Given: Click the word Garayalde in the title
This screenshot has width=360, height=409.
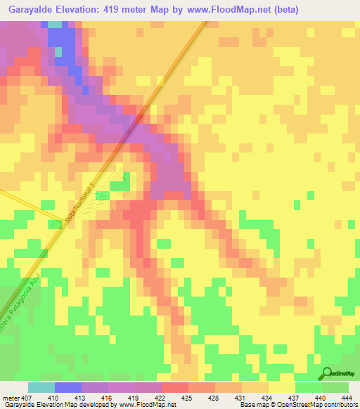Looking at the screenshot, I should point(32,9).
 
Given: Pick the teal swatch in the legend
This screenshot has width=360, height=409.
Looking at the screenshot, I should point(41,387).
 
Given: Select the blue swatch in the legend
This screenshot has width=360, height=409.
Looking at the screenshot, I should point(67,387).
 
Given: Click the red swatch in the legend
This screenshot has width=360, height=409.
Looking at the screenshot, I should point(174,387).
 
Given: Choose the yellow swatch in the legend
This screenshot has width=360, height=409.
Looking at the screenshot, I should point(281,387).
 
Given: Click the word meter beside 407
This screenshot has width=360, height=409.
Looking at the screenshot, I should point(10,397).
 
